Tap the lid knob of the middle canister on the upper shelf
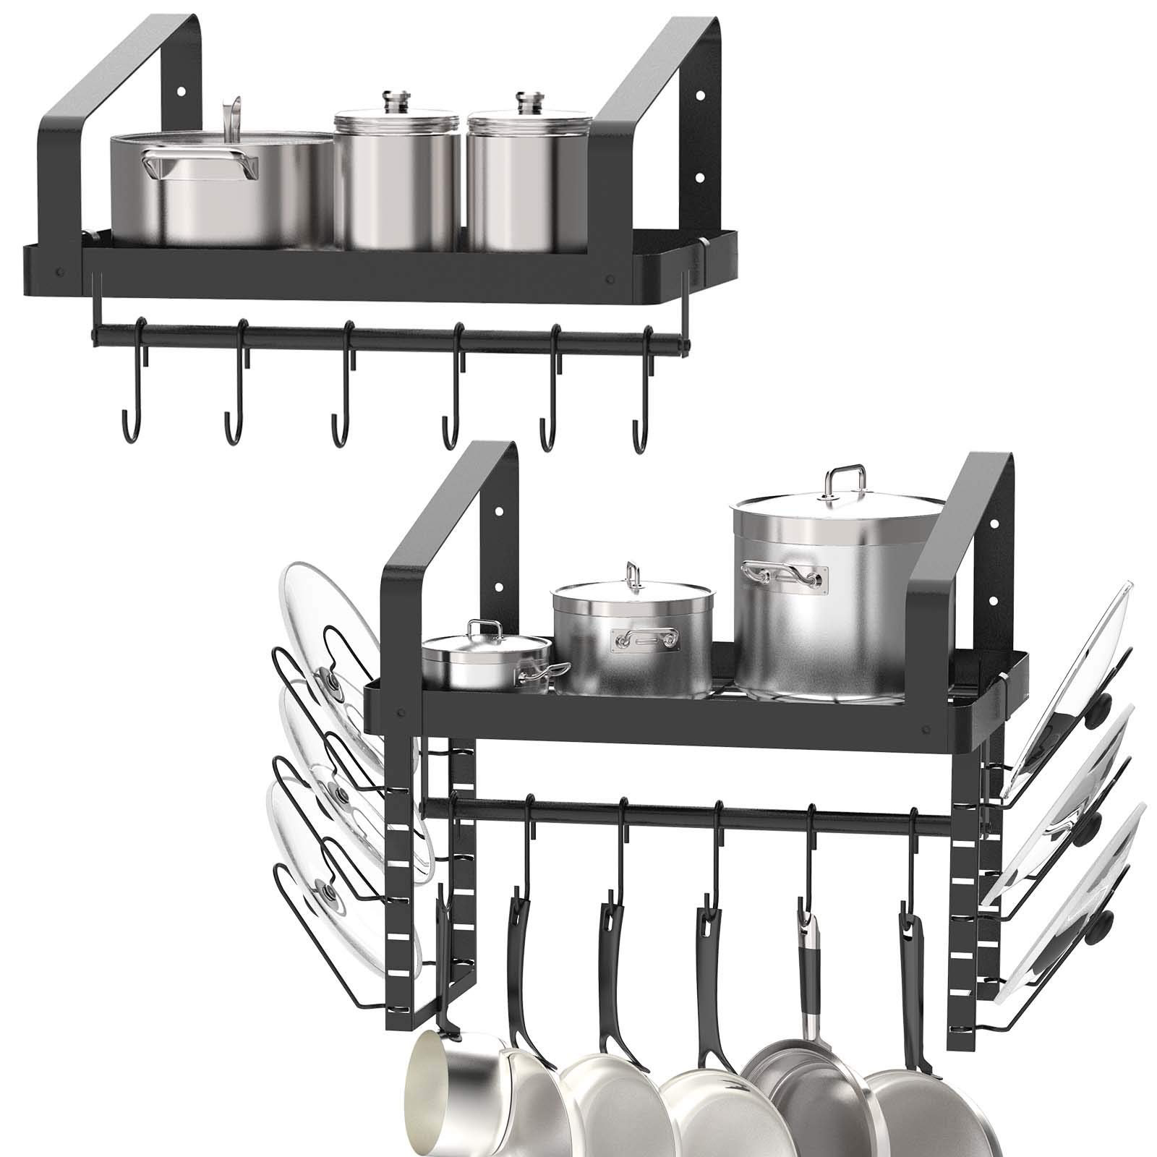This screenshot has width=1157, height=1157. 396,99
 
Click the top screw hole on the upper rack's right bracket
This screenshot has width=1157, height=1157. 699,95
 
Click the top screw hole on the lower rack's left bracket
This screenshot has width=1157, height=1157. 501,511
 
